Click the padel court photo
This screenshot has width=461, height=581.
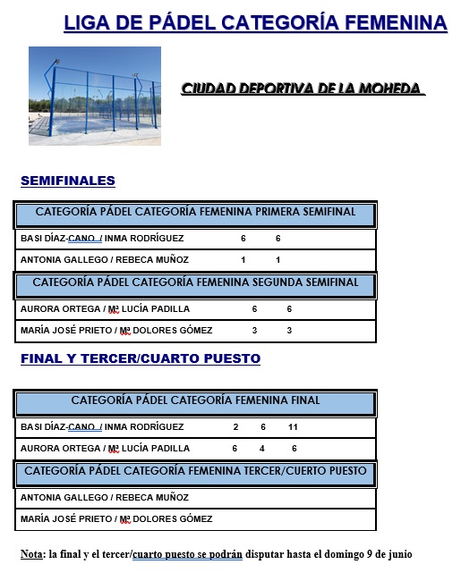click(94, 95)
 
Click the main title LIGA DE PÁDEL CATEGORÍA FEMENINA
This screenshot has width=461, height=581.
click(255, 22)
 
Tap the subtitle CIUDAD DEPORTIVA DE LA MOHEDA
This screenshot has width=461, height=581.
click(302, 88)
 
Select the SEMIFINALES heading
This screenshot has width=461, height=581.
click(68, 181)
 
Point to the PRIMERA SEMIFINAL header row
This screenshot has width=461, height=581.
click(195, 213)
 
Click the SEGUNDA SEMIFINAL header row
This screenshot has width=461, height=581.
click(195, 282)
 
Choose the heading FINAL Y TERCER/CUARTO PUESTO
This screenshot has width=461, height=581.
click(141, 358)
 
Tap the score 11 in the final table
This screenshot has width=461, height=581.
click(293, 426)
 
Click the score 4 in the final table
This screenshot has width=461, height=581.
click(262, 448)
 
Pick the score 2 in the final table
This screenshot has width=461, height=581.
click(235, 426)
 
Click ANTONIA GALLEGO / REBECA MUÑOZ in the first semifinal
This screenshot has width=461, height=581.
click(105, 260)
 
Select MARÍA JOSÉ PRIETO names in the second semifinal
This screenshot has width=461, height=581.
click(116, 331)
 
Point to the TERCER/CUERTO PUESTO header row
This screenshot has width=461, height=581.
click(195, 471)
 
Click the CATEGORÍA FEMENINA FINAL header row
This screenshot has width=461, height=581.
click(195, 401)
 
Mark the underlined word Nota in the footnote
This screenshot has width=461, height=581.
click(32, 554)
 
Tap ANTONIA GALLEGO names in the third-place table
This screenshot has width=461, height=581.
click(105, 497)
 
